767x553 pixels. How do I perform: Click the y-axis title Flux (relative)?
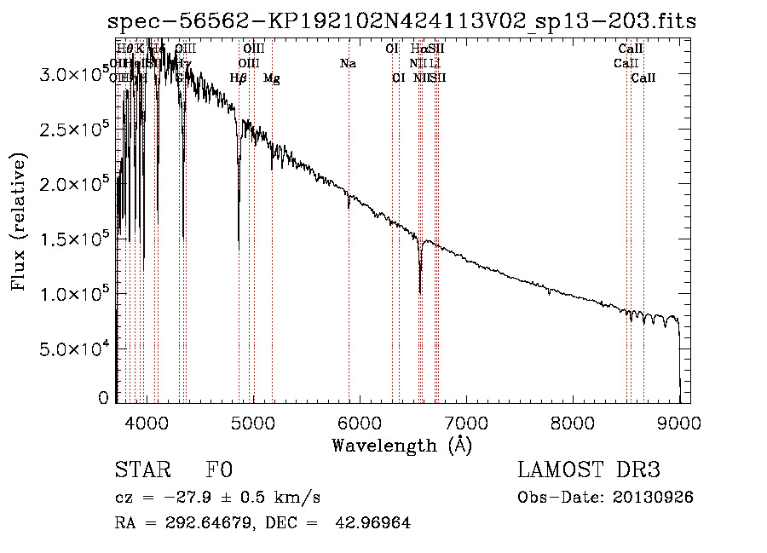tap(19, 222)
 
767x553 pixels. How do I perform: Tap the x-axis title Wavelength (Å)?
tap(401, 445)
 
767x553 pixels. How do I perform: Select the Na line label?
tap(348, 64)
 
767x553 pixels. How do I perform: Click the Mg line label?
tap(272, 78)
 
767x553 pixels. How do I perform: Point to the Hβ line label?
tap(239, 78)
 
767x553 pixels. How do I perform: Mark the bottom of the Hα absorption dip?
tap(420, 292)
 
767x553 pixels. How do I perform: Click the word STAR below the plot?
tap(140, 471)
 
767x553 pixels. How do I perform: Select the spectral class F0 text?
tap(219, 471)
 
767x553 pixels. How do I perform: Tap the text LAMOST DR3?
tap(589, 471)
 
